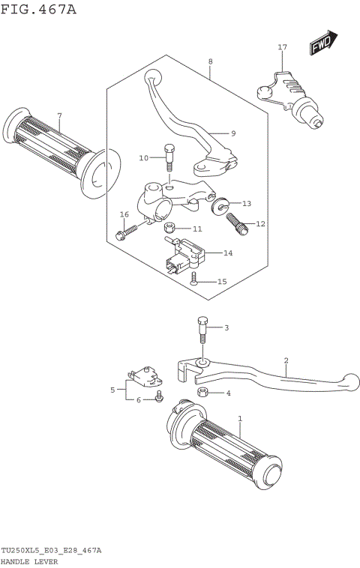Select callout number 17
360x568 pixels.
[282, 47]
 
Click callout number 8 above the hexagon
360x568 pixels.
[211, 61]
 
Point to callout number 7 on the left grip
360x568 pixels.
[59, 115]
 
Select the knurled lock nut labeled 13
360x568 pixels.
[220, 203]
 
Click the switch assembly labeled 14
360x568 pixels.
[184, 252]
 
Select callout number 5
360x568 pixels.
[113, 390]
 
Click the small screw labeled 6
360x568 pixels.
[159, 396]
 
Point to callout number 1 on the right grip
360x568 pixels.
[240, 418]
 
